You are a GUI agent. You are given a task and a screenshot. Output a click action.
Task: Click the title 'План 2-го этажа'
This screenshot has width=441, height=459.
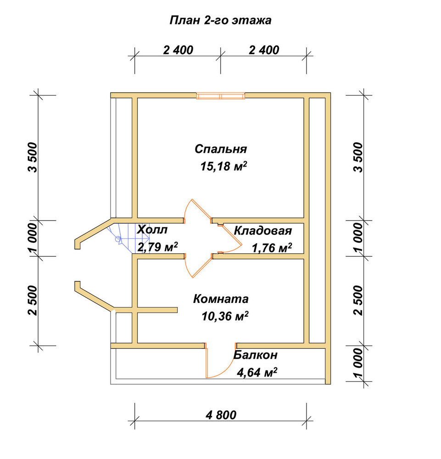pos(220,21)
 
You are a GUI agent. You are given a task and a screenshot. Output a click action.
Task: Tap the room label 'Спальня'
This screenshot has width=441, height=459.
pos(221,149)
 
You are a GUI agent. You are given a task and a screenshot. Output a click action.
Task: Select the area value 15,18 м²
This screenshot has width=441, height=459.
pos(223,166)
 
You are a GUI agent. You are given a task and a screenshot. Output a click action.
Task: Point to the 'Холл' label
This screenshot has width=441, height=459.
pos(152,229)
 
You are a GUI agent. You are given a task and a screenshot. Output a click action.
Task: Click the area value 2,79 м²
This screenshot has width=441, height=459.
pos(157,247)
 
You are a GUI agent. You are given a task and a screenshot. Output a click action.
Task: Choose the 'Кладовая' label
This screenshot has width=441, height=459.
pos(263,231)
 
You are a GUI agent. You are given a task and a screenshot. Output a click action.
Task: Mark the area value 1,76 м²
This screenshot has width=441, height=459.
pos(272,248)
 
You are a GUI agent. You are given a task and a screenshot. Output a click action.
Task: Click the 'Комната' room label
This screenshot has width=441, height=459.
pos(221,299)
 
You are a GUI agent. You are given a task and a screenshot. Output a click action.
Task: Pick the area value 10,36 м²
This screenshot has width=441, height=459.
pos(225,316)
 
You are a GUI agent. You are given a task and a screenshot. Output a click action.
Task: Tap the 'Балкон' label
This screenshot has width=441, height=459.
pos(255,355)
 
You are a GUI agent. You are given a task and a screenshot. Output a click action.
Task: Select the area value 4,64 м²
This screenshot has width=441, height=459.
pos(257,373)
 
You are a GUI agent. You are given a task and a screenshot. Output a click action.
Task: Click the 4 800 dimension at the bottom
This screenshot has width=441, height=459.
pos(221,415)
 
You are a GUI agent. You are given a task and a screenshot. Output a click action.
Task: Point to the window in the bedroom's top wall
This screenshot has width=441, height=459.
pos(221,96)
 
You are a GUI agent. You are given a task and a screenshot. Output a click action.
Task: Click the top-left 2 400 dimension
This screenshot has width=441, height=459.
pos(178,50)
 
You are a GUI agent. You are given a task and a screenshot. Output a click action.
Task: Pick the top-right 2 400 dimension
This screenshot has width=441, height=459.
pos(264,50)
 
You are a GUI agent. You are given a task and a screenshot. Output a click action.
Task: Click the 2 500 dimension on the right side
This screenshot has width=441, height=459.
pos(357,300)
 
